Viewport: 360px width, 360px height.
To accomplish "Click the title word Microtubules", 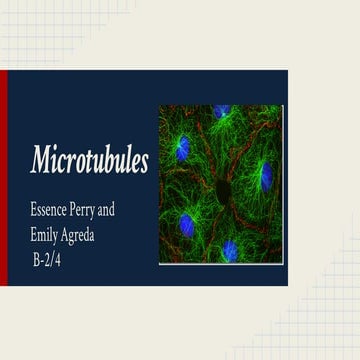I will pyautogui.click(x=89, y=160).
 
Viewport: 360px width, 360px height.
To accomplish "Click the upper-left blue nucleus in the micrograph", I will pyautogui.click(x=182, y=150).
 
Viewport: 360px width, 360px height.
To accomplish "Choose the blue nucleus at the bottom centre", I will pyautogui.click(x=230, y=248).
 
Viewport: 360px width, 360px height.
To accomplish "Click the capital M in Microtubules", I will pyautogui.click(x=40, y=159).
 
